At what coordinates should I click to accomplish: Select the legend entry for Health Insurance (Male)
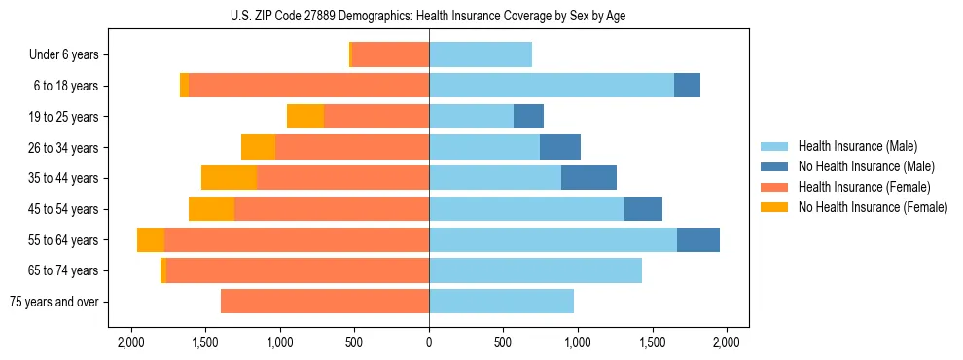[857, 146]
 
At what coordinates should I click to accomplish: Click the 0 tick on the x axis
[429, 342]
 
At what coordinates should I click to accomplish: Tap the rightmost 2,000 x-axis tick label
[727, 342]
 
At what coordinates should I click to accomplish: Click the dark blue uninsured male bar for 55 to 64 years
[698, 240]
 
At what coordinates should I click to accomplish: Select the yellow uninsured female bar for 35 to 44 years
[229, 178]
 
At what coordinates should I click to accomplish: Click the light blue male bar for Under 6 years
[481, 55]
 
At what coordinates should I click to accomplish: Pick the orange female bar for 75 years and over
[325, 302]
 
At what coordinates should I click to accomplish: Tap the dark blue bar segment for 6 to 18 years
[687, 86]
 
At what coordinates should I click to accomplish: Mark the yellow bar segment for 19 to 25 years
[305, 117]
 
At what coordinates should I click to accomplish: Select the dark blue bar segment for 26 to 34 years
[560, 148]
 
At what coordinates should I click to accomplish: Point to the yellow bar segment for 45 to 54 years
[211, 209]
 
